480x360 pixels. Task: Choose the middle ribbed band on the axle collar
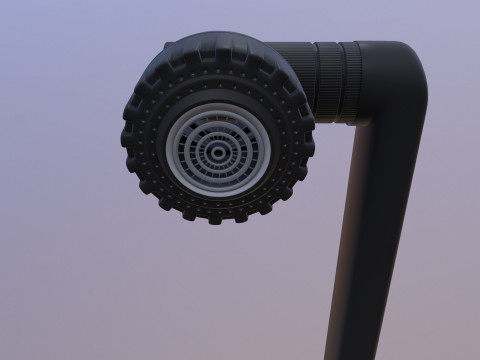pyautogui.click(x=330, y=80)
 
